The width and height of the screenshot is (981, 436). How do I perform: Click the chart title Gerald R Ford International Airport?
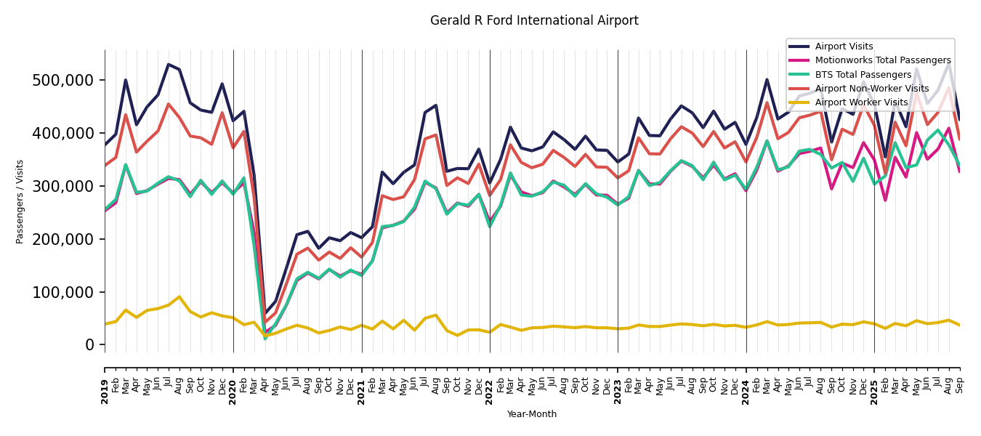click(534, 21)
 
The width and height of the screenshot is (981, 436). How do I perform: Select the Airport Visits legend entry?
click(844, 47)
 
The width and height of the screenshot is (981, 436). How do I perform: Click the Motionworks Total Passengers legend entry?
click(882, 60)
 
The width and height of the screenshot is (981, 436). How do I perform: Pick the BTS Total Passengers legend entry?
click(863, 75)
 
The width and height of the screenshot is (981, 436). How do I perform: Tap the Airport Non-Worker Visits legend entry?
click(871, 89)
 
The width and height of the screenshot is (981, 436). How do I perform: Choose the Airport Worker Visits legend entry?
click(861, 102)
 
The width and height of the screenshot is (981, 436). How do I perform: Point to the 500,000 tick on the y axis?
click(63, 80)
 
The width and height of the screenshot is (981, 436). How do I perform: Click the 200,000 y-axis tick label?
click(63, 239)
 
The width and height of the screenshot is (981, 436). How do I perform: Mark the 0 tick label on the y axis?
click(89, 345)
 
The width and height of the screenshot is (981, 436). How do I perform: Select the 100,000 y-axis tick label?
click(63, 292)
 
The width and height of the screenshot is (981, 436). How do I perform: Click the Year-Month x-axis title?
click(532, 414)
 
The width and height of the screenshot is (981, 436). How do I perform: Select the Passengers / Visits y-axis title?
click(20, 201)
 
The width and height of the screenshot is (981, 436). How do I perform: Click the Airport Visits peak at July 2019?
click(169, 65)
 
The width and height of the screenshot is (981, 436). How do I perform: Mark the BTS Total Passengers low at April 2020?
click(265, 338)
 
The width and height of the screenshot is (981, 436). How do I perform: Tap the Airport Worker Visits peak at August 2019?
click(179, 296)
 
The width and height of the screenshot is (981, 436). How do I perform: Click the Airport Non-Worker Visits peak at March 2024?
click(767, 102)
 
